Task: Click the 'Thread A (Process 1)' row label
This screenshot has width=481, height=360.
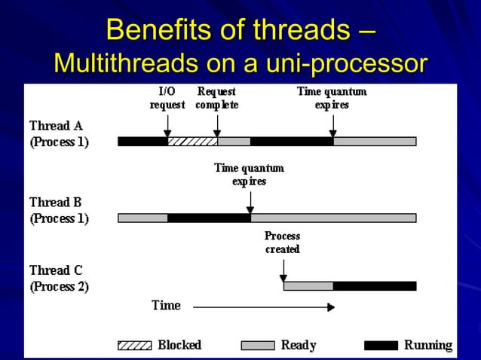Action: (x=59, y=133)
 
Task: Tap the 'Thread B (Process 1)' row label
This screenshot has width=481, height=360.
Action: (x=59, y=211)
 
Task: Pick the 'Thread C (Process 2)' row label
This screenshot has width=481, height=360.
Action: (x=59, y=278)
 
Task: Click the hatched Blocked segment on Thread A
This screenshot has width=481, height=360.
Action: (x=192, y=141)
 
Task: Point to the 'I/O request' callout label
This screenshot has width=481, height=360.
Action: (x=167, y=98)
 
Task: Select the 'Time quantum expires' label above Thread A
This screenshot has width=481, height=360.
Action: (x=332, y=98)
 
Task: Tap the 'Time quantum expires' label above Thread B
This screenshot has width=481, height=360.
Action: (x=250, y=175)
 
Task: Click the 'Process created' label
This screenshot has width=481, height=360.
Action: (x=283, y=243)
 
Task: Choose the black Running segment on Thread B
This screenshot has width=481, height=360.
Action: (x=209, y=218)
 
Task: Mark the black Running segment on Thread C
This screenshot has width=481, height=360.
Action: (x=375, y=285)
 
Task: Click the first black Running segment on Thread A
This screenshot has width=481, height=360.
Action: (x=142, y=141)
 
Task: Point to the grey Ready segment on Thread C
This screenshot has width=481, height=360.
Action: (x=308, y=285)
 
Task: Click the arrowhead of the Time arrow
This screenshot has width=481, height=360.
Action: (x=330, y=307)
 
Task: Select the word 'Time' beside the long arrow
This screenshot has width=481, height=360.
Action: (x=166, y=305)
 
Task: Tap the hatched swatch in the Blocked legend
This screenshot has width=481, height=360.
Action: (x=134, y=346)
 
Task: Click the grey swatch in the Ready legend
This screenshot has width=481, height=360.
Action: (x=257, y=346)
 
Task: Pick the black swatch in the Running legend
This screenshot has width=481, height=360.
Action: (x=381, y=346)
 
